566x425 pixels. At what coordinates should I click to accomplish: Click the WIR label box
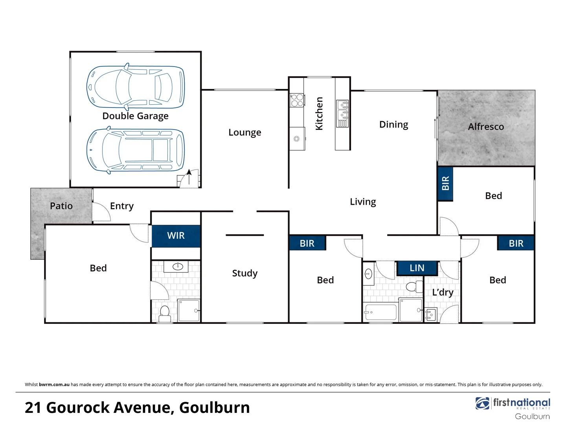pyautogui.click(x=176, y=236)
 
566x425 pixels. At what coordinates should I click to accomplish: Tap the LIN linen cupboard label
pyautogui.click(x=417, y=268)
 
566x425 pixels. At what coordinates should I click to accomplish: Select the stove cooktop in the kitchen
pyautogui.click(x=297, y=100)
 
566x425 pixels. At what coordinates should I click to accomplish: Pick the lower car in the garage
pyautogui.click(x=135, y=150)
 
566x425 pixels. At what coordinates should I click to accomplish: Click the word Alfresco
pyautogui.click(x=486, y=127)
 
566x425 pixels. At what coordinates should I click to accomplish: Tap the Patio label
pyautogui.click(x=61, y=206)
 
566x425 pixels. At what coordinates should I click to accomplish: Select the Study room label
pyautogui.click(x=244, y=273)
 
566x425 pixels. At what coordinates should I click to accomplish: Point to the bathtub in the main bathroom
pyautogui.click(x=380, y=312)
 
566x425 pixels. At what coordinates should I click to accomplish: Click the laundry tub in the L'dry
pyautogui.click(x=430, y=315)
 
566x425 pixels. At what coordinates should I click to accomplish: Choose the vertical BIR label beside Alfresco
pyautogui.click(x=445, y=183)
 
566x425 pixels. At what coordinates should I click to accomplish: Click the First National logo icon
pyautogui.click(x=482, y=403)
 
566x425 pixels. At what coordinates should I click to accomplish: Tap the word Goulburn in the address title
pyautogui.click(x=215, y=408)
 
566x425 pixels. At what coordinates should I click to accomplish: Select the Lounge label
pyautogui.click(x=244, y=133)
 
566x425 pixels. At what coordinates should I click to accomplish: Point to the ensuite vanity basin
pyautogui.click(x=178, y=266)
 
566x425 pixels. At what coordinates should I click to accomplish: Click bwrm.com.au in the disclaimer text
pyautogui.click(x=54, y=384)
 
